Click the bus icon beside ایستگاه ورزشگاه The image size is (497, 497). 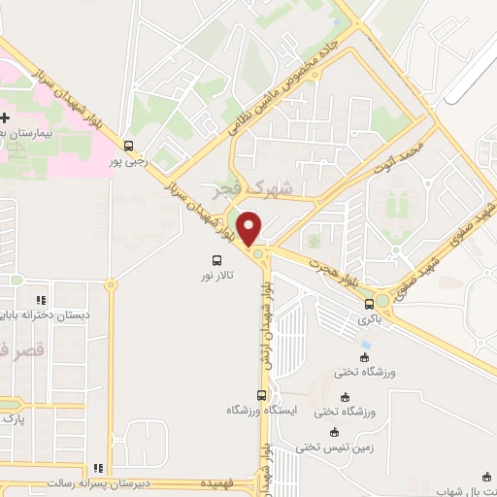[x=260, y=394]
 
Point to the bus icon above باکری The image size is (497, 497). [x=368, y=304]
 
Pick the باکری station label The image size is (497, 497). [x=368, y=318]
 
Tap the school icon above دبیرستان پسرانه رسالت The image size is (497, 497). [x=96, y=467]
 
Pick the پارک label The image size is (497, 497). [x=12, y=419]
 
